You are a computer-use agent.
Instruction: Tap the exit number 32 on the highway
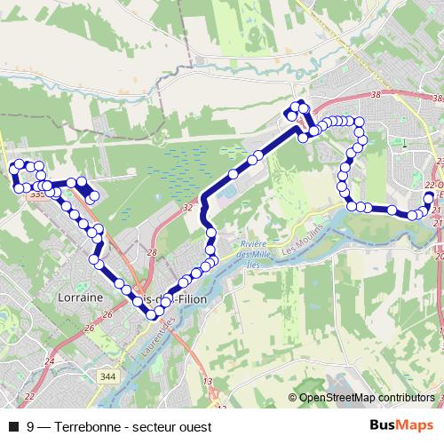tap(187, 208)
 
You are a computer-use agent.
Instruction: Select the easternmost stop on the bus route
tap(430, 197)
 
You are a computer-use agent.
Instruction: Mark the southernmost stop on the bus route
tap(151, 315)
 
